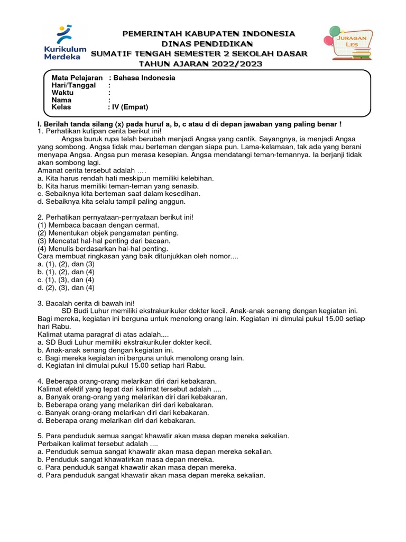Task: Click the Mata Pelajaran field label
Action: coord(77,78)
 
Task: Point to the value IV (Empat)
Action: coord(128,107)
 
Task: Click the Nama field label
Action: coord(61,100)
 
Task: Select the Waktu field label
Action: coord(62,93)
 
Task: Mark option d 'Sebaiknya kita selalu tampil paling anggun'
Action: coord(112,202)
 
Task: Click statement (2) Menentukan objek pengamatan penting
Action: coord(108,233)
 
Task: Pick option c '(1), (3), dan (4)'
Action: coord(66,279)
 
